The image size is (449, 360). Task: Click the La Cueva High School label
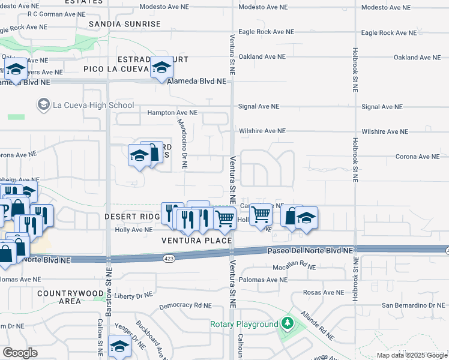click(93, 105)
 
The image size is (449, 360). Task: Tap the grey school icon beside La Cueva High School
click(43, 105)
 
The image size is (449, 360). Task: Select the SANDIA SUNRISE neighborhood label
click(125, 24)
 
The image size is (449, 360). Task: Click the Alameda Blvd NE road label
click(198, 81)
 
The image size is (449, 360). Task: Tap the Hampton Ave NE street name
click(172, 112)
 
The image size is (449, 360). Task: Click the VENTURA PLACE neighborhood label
click(196, 241)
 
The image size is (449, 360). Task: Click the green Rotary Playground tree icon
click(288, 324)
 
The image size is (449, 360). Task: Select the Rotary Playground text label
click(244, 324)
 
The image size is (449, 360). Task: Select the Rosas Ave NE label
click(325, 292)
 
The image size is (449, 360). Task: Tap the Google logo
click(20, 353)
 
